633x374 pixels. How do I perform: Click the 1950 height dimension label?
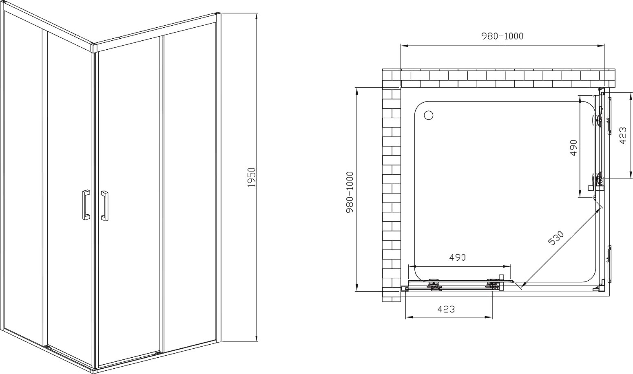coord(252,177)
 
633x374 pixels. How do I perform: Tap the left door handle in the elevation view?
coord(86,205)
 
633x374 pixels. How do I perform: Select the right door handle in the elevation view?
coord(104,206)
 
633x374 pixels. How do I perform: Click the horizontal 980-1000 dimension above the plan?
coord(502,36)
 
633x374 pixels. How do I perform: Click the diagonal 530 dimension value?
coord(556,238)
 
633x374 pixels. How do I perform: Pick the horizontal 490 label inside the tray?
coord(457,257)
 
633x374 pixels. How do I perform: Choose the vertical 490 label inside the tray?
coord(573,148)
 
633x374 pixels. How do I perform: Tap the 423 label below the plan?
coord(446,309)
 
